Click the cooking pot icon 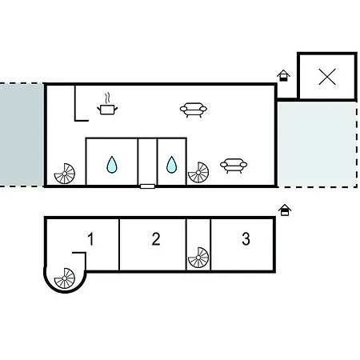[107, 110]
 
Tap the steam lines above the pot [107, 98]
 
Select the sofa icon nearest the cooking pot [194, 110]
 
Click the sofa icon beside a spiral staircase [234, 166]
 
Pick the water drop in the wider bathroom [112, 165]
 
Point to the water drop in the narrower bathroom [171, 165]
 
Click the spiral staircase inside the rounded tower [65, 278]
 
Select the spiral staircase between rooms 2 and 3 [198, 258]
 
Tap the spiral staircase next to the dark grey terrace [65, 174]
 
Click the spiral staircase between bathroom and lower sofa [198, 173]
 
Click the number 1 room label [90, 239]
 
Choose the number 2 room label [156, 239]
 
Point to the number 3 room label [246, 239]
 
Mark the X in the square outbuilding [327, 77]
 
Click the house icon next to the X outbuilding [283, 75]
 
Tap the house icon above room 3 [285, 210]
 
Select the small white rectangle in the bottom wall [147, 186]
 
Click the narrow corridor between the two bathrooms [148, 161]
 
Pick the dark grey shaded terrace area [22, 134]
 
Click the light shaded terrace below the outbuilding [317, 144]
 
